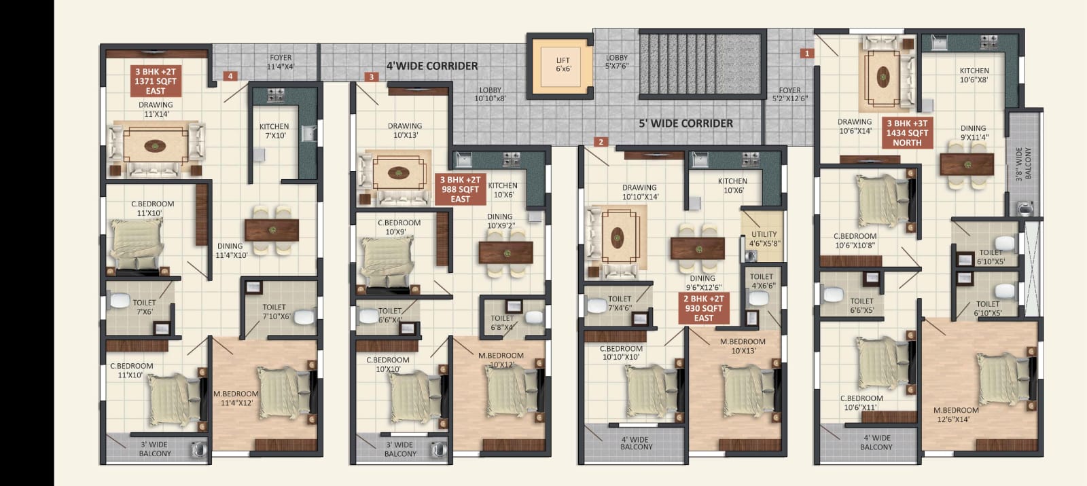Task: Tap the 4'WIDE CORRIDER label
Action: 432,66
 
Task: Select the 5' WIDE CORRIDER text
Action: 685,124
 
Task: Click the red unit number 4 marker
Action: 230,76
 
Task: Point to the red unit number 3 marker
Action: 372,77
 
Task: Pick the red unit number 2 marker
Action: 601,142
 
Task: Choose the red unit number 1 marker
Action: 807,54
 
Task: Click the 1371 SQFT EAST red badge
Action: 156,81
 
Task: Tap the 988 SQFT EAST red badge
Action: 460,189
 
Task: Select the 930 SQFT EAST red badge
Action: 704,308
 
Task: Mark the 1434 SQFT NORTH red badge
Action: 907,133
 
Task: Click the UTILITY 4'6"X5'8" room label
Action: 764,239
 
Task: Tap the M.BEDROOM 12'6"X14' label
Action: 956,415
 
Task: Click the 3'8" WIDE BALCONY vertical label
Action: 1023,164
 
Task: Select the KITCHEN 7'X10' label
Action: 274,131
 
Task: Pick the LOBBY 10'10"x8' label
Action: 490,94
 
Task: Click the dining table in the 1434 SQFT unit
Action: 967,164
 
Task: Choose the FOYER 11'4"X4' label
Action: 281,62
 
